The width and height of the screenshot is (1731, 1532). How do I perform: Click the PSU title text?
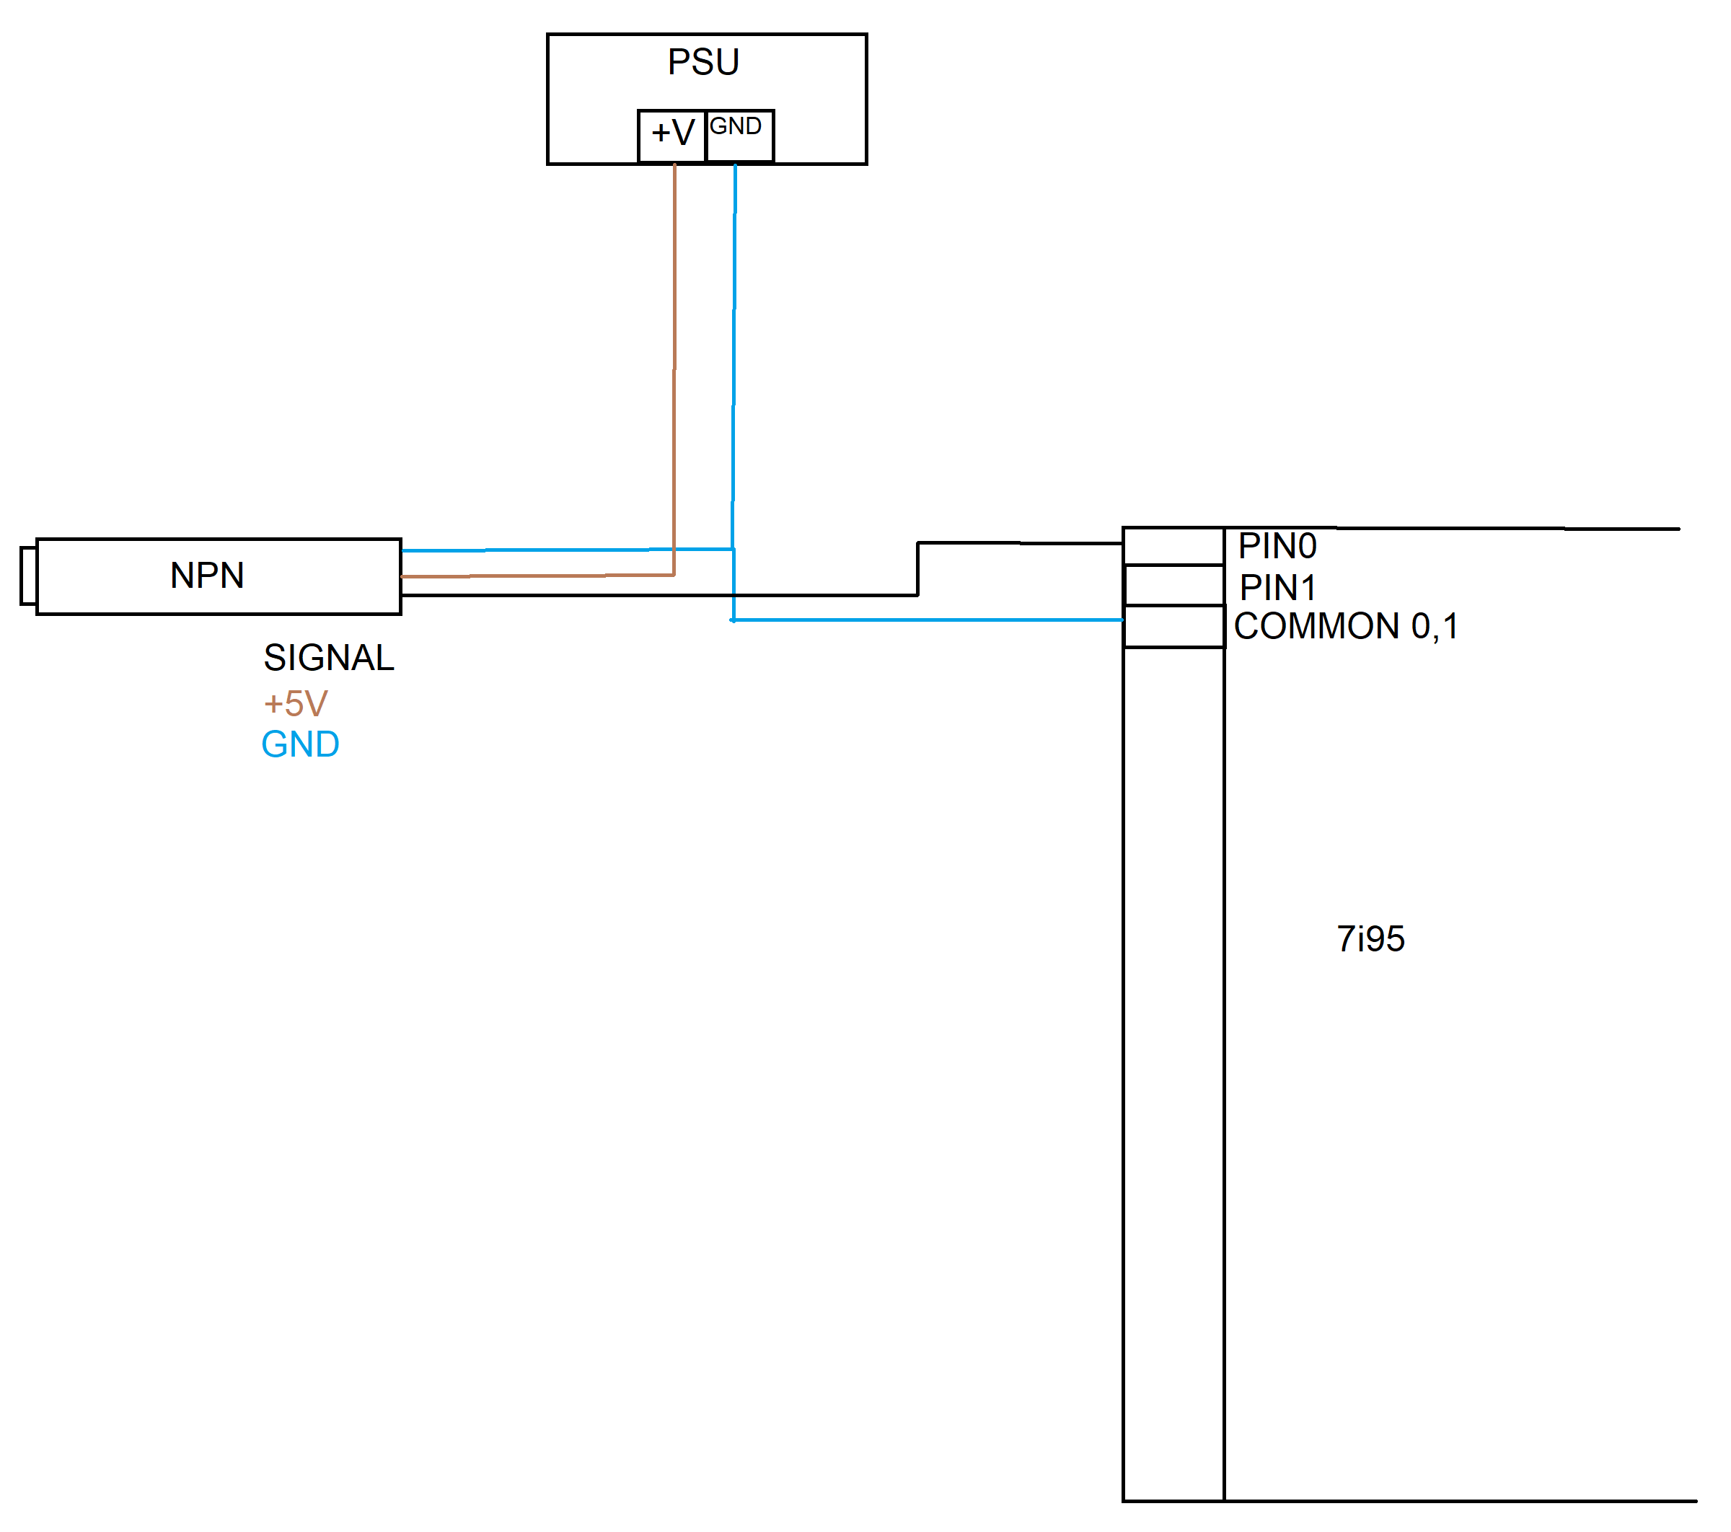coord(703,62)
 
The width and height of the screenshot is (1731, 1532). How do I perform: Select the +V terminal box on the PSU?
coord(672,135)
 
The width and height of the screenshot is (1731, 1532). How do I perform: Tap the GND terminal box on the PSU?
coord(739,135)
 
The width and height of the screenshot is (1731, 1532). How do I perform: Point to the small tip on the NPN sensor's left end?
coord(28,576)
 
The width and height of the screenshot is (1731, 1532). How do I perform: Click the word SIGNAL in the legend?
coord(329,658)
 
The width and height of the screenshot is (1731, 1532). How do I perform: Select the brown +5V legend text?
coord(296,704)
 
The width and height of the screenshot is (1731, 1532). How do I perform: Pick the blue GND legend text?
coord(300,744)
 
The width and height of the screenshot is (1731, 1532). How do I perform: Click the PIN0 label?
coord(1277,546)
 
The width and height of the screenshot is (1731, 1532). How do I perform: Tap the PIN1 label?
coord(1277,587)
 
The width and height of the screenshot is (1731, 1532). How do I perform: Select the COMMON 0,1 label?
coord(1346,627)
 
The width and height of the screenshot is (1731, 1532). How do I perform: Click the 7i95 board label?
coord(1370,939)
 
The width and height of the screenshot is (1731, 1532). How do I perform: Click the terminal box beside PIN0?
coord(1173,546)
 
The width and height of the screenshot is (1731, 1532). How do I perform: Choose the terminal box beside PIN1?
coord(1173,585)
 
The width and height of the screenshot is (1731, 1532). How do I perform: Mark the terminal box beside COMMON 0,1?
coord(1173,627)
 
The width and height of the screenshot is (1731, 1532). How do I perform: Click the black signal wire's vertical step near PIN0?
coord(918,569)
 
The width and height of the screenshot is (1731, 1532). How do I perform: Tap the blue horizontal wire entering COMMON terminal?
coord(932,620)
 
